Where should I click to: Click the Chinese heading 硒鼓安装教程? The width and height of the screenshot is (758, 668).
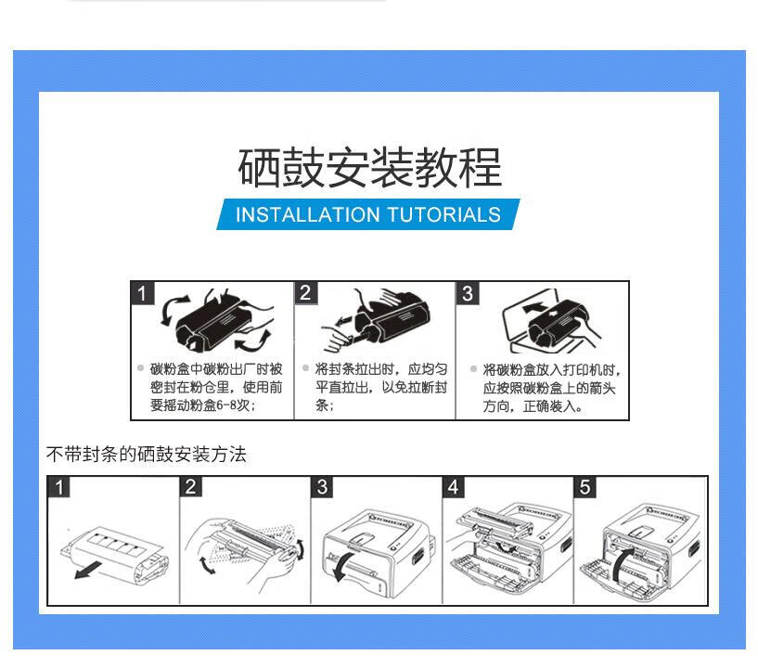coord(370,167)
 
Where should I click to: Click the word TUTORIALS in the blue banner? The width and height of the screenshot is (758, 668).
coord(443,214)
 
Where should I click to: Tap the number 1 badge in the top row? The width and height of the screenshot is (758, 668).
coord(142,293)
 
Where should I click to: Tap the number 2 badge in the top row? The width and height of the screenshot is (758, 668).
coord(305,293)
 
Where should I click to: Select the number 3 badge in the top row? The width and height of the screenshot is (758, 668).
coord(468,293)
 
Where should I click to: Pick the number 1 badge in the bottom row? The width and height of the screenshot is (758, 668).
coord(59,487)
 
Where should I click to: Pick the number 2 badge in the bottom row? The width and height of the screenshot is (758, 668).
coord(190,487)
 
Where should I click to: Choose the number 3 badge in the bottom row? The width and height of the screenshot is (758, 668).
coord(322,487)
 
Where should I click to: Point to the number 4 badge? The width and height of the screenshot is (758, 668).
coord(454,487)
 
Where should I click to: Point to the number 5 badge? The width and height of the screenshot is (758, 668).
coord(585,487)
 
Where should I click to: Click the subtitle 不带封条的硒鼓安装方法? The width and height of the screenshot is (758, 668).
coord(147,455)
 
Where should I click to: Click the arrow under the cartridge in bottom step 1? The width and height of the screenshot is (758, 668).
coord(88,570)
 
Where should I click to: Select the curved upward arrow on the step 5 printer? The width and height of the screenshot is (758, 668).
coord(621,563)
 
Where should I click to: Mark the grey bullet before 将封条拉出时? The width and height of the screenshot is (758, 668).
coord(305,368)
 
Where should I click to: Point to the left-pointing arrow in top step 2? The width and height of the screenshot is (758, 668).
coord(344,319)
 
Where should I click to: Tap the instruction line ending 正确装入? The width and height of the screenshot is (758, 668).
coord(533,406)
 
